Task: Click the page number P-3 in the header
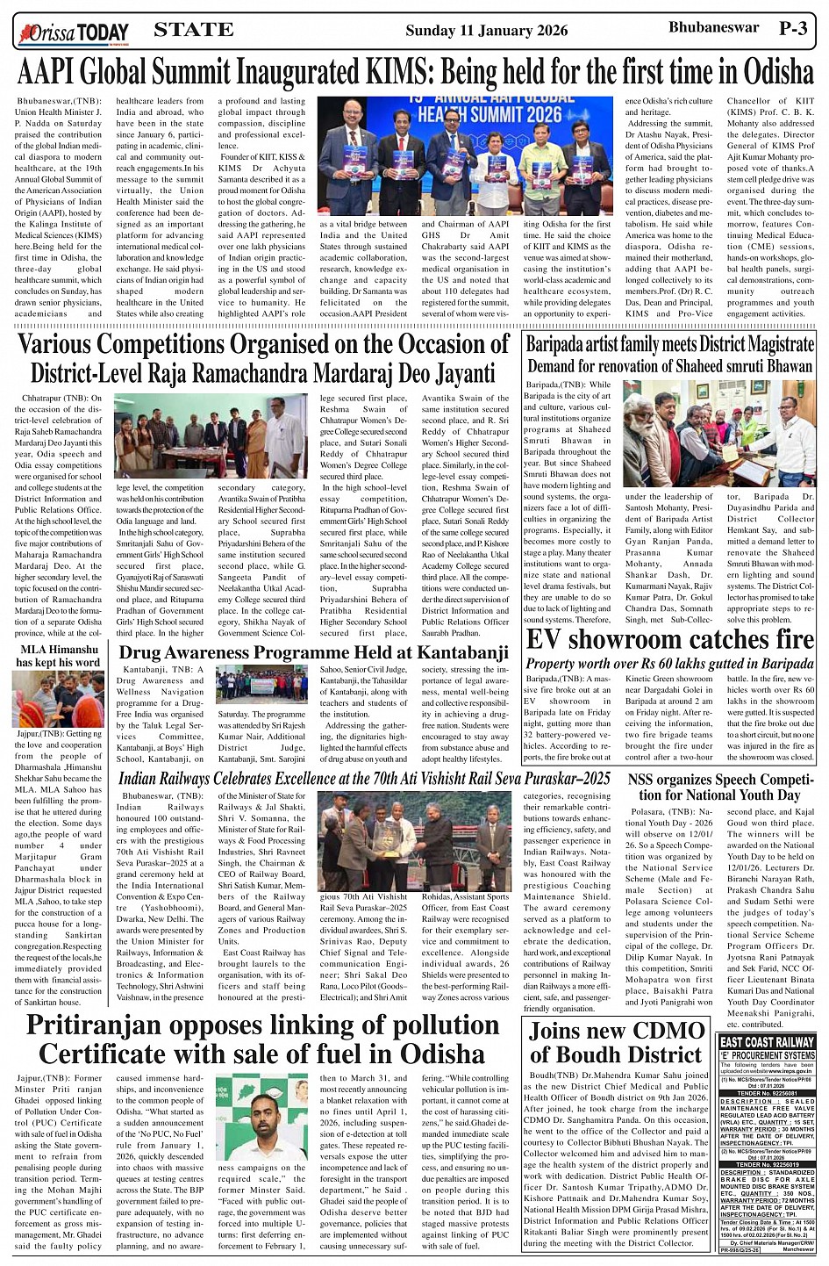tap(792, 28)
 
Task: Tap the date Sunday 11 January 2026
tap(486, 31)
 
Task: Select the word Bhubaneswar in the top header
tap(701, 28)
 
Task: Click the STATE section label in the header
tap(193, 30)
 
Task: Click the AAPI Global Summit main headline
tap(415, 70)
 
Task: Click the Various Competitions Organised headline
tap(263, 358)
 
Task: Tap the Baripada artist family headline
tap(670, 343)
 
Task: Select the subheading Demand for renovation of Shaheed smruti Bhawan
tap(670, 365)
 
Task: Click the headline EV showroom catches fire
tap(670, 639)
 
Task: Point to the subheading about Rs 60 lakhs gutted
tap(670, 663)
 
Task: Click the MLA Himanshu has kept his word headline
tap(59, 656)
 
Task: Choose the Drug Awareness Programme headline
tap(313, 652)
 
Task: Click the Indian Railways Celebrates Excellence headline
tap(364, 779)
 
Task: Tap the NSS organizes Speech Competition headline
tap(720, 788)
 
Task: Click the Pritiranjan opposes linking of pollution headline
tap(262, 1039)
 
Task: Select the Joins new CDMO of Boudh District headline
tap(617, 1042)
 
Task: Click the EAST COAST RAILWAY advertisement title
tap(767, 1042)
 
